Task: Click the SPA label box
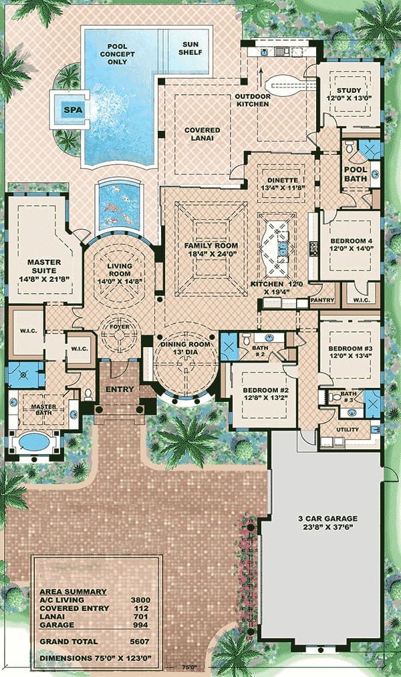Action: click(x=73, y=109)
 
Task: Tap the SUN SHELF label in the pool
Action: click(x=190, y=48)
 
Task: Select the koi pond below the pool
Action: click(x=119, y=206)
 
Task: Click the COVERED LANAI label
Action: click(x=203, y=134)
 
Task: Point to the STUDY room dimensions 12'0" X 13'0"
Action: click(x=349, y=98)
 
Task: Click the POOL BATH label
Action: click(x=356, y=174)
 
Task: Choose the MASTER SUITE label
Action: click(x=44, y=266)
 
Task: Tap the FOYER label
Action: click(x=119, y=326)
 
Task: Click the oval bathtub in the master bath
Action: click(x=33, y=441)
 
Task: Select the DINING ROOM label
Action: click(x=185, y=344)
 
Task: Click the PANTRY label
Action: click(x=322, y=300)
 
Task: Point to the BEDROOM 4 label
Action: click(x=352, y=241)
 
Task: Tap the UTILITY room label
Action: click(x=348, y=429)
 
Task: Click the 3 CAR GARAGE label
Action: click(x=327, y=519)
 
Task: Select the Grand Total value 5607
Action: click(x=140, y=642)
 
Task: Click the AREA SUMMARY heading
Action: click(x=73, y=592)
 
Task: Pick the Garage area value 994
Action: click(x=140, y=625)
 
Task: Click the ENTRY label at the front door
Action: click(x=120, y=389)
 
